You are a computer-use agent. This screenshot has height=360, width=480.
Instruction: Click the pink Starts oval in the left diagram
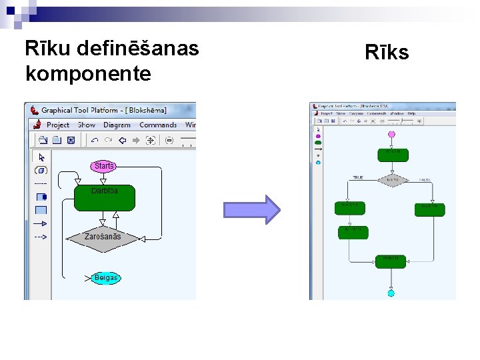103,165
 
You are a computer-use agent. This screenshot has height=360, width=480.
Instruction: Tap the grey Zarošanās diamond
103,237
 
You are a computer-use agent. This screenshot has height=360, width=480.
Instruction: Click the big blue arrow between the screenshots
252,209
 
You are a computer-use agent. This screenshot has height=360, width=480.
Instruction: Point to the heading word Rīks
387,53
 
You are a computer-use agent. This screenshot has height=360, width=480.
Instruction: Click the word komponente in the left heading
87,73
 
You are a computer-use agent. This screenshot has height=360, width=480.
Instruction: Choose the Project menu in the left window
58,125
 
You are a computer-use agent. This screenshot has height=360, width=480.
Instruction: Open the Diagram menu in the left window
117,125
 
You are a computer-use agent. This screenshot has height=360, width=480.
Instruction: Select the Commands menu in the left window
158,125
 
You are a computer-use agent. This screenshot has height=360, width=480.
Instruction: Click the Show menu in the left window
87,125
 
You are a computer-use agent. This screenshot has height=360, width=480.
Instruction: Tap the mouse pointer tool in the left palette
41,157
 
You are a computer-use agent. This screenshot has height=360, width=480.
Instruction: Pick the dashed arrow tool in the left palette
41,237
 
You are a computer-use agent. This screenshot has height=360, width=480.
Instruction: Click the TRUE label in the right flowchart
358,178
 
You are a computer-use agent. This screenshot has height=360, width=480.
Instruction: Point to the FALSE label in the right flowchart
425,180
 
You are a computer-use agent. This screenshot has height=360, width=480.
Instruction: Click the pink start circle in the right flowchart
391,135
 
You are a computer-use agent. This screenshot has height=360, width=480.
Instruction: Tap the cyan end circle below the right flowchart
391,293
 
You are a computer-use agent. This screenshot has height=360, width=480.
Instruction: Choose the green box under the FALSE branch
429,208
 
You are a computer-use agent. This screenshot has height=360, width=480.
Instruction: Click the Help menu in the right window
411,114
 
